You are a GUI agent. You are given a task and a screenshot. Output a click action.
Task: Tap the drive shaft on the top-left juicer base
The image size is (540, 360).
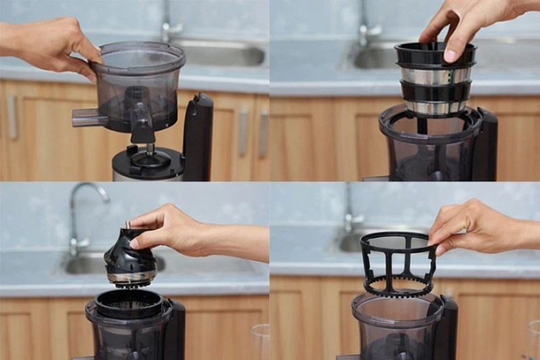tap(150, 150)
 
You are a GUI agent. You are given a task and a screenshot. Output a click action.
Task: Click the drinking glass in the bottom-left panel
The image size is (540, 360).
tap(260, 341)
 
